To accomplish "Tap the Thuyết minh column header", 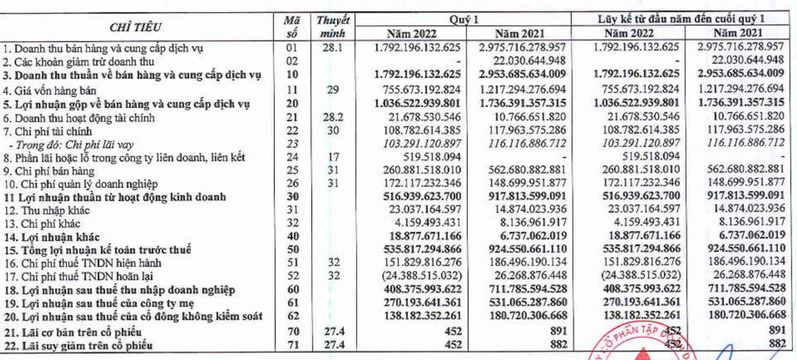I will pyautogui.click(x=334, y=27).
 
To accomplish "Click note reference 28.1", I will pyautogui.click(x=334, y=48).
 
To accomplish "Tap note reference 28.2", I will pyautogui.click(x=334, y=117).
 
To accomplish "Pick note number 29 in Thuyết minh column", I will pyautogui.click(x=334, y=90).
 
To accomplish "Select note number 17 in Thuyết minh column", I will pyautogui.click(x=334, y=157).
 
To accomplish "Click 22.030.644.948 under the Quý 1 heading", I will pyautogui.click(x=522, y=61).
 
